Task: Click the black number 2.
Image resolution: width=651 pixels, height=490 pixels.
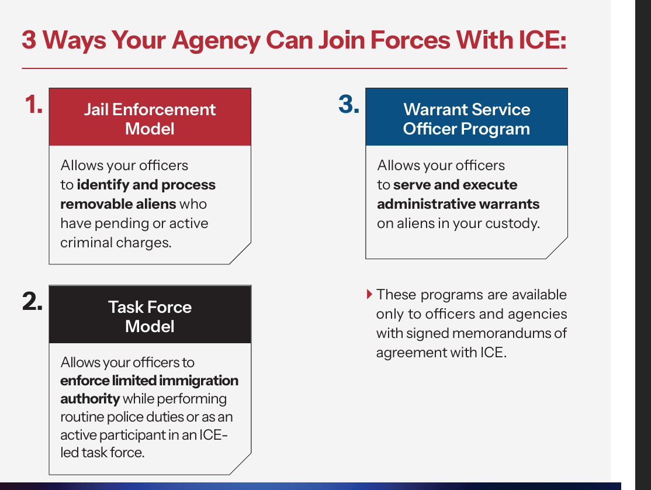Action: [33, 302]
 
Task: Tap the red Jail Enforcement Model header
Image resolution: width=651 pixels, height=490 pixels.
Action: [150, 118]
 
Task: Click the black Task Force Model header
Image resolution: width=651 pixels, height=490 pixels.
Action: [150, 316]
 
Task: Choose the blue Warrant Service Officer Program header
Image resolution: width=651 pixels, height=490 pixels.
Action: [466, 118]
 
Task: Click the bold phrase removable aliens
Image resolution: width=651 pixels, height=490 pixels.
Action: [118, 204]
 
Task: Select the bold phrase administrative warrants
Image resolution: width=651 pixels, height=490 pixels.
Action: [458, 204]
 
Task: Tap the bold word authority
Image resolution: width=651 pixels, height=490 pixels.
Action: [90, 399]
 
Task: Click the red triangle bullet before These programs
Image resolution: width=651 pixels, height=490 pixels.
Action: [369, 294]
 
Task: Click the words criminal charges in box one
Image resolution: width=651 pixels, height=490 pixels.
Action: [116, 243]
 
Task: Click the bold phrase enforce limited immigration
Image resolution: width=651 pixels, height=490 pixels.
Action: [150, 381]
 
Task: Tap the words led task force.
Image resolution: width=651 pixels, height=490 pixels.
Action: [102, 453]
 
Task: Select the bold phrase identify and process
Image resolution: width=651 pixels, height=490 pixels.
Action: [146, 185]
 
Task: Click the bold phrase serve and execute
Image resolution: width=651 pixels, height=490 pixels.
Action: [455, 185]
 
